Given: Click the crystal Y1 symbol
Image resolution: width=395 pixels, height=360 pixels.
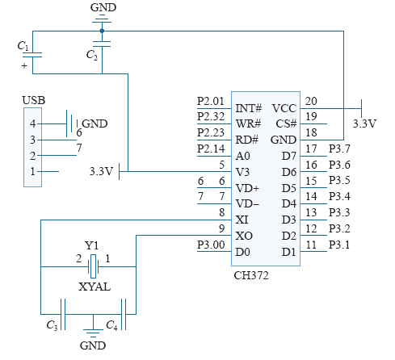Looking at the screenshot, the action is click(x=93, y=266).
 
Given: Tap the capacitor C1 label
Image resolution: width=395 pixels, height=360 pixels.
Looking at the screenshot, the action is click(x=23, y=46).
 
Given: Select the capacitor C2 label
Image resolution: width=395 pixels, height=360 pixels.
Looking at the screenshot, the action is click(x=92, y=55).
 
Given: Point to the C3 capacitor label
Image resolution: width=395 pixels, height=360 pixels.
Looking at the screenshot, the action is click(x=52, y=325).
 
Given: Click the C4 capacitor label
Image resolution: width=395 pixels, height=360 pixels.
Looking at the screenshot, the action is click(x=111, y=325).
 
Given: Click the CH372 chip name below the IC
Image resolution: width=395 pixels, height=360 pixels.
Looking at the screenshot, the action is click(x=251, y=275).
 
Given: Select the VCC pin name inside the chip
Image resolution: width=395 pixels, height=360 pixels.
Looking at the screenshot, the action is click(x=284, y=108).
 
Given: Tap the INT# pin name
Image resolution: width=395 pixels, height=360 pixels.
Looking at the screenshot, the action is click(x=249, y=108).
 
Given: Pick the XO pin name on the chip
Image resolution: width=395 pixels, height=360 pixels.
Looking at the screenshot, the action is click(x=244, y=236).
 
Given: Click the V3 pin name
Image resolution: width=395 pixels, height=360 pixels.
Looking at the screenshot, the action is click(x=242, y=172).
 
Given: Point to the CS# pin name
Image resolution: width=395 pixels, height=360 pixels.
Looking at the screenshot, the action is click(x=286, y=123).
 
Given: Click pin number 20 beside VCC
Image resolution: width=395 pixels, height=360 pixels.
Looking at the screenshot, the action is click(x=311, y=101).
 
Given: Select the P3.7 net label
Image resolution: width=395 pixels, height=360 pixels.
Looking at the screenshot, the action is click(x=339, y=149).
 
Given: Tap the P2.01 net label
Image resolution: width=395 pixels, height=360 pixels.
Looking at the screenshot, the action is click(x=211, y=101).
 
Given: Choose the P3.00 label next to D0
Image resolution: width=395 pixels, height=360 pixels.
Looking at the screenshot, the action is click(x=211, y=245).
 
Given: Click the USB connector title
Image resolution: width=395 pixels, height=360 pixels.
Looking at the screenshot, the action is click(x=34, y=100).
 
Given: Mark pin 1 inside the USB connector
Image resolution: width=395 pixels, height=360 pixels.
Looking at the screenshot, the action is click(x=32, y=171).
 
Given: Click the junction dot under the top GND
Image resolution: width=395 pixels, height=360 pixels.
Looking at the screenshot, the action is click(x=102, y=31).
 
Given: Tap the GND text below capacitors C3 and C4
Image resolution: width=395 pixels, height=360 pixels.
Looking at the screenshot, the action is click(x=93, y=345).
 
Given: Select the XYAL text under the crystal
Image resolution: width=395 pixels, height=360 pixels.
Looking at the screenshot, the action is click(x=95, y=287).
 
